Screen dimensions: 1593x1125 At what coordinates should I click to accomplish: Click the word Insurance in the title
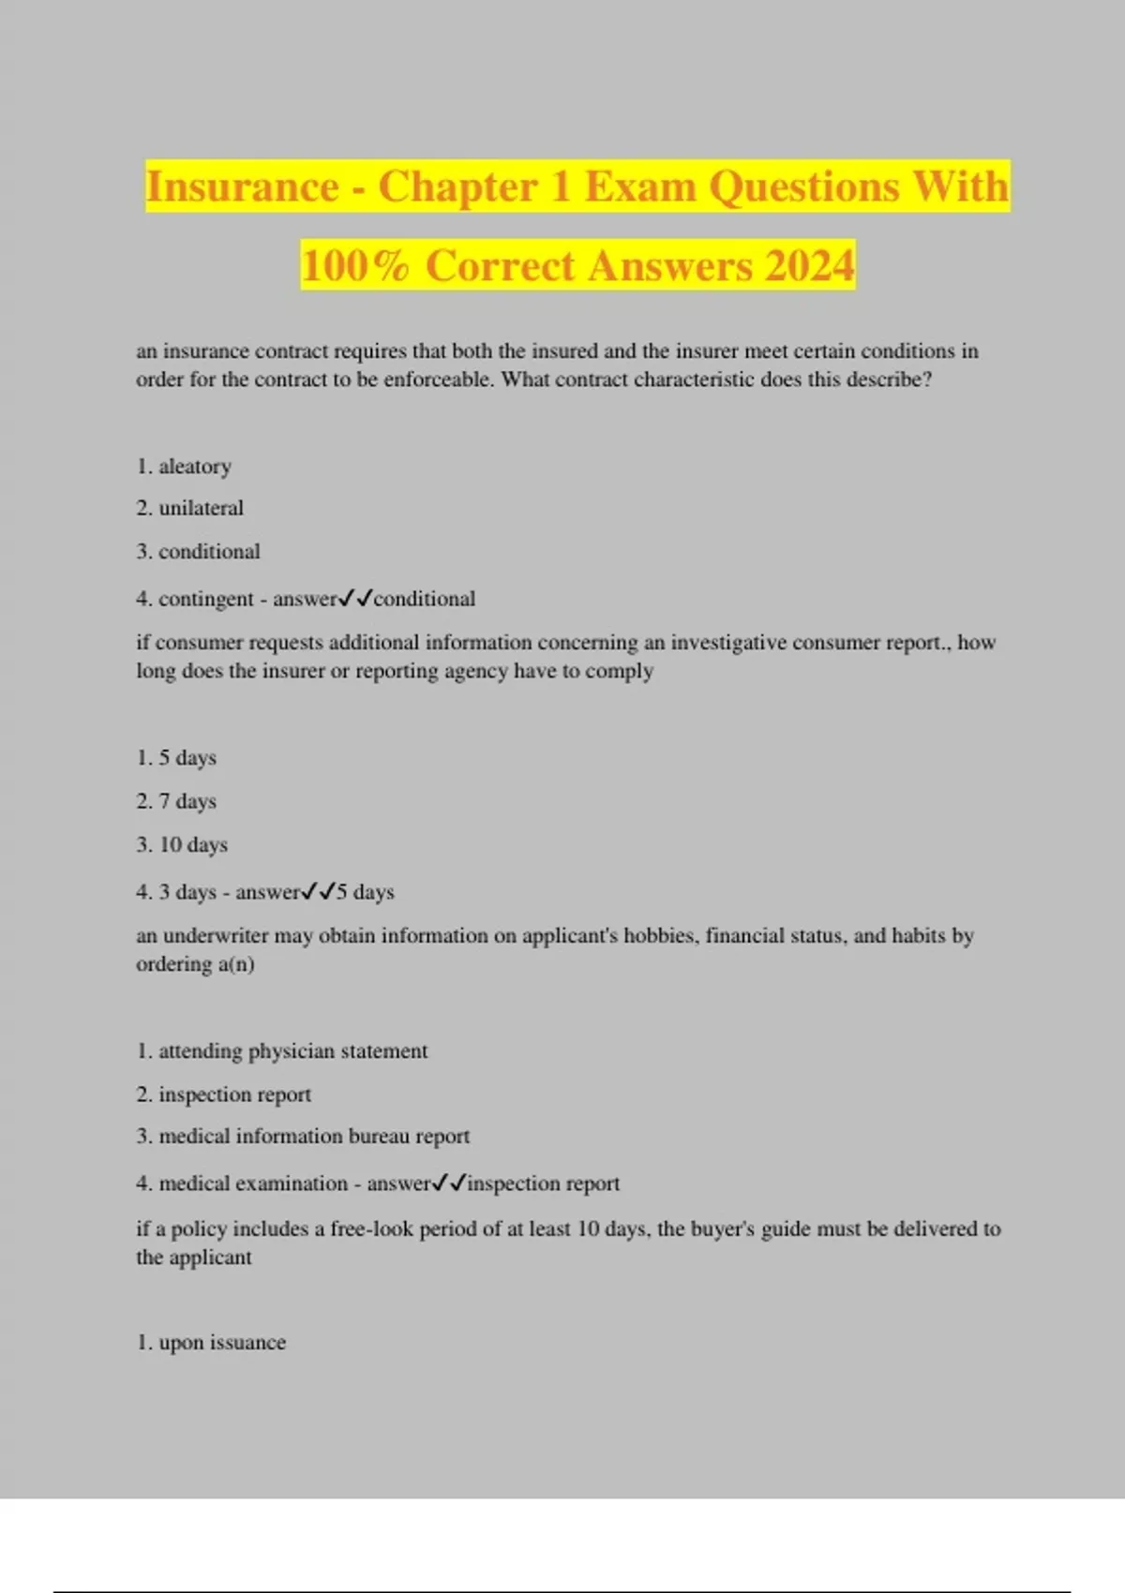click(x=242, y=186)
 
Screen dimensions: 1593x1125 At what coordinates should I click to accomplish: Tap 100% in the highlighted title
click(x=355, y=265)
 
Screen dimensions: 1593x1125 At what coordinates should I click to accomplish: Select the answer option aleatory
click(x=194, y=467)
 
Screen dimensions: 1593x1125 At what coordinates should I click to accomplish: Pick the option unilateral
click(x=201, y=508)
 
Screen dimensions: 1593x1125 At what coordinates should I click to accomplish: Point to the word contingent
click(x=205, y=599)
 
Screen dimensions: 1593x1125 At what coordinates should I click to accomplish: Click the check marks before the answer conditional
click(x=356, y=598)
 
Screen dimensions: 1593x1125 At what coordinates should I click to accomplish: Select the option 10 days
click(x=193, y=844)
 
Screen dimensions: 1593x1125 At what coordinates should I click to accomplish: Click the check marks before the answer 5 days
click(x=319, y=891)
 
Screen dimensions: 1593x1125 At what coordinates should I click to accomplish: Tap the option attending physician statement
click(x=292, y=1051)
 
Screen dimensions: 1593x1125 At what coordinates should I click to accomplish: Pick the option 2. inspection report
click(x=234, y=1094)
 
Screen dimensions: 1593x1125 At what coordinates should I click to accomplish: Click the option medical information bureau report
click(x=314, y=1137)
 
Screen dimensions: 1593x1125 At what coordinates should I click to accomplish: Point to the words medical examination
click(x=253, y=1184)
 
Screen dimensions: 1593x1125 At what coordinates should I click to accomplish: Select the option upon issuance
click(x=222, y=1343)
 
